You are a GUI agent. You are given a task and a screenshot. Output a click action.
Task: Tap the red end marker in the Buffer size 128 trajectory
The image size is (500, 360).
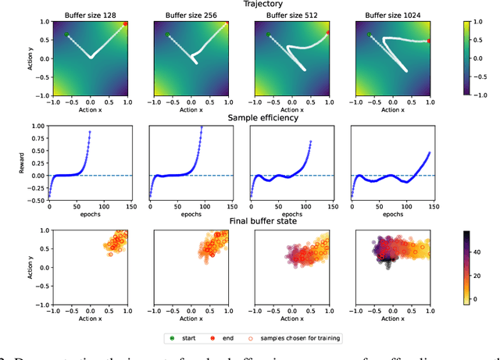126,24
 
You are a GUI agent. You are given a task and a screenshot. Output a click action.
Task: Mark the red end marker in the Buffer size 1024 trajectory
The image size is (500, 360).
429,41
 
